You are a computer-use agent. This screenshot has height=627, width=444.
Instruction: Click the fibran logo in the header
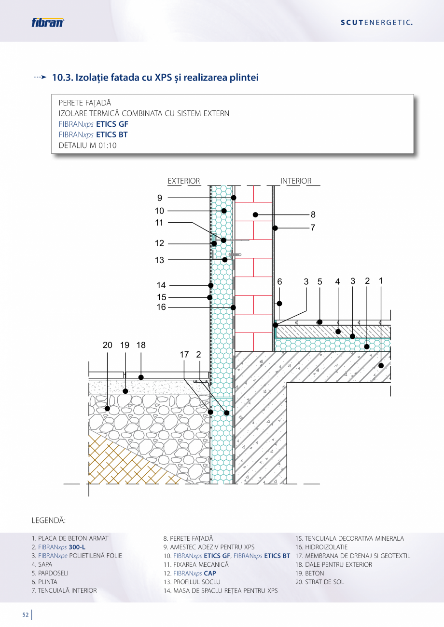pyautogui.click(x=48, y=22)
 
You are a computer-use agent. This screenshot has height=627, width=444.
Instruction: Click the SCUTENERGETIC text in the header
pyautogui.click(x=376, y=23)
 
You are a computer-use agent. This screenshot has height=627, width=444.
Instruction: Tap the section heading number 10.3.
pyautogui.click(x=63, y=78)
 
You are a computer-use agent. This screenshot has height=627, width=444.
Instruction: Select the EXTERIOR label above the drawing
pyautogui.click(x=184, y=181)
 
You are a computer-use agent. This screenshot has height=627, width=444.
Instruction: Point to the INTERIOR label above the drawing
pyautogui.click(x=296, y=181)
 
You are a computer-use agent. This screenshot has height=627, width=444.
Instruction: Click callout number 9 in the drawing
pyautogui.click(x=160, y=198)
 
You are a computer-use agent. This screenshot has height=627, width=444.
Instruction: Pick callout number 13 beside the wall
pyautogui.click(x=159, y=260)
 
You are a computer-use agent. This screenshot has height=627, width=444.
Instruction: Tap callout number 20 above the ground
pyautogui.click(x=107, y=345)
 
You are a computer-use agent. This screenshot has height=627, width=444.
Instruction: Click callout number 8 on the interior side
pyautogui.click(x=313, y=214)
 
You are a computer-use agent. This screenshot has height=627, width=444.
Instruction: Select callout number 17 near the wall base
pyautogui.click(x=184, y=355)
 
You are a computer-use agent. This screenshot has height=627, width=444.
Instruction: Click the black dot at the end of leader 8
pyautogui.click(x=255, y=214)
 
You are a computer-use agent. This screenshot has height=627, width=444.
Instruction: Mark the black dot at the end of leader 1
pyautogui.click(x=381, y=366)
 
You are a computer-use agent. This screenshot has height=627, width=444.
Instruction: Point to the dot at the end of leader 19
pyautogui.click(x=125, y=391)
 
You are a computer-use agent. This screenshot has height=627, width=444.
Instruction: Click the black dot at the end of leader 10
pyautogui.click(x=224, y=211)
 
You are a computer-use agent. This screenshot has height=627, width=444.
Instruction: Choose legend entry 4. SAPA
pyautogui.click(x=42, y=564)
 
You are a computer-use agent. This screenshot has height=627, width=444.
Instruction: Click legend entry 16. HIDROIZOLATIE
pyautogui.click(x=321, y=547)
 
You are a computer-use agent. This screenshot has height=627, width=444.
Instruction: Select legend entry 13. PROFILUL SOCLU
pyautogui.click(x=192, y=582)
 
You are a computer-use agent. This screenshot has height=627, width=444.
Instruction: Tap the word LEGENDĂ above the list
pyautogui.click(x=49, y=520)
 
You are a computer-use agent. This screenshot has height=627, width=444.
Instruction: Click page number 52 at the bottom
pyautogui.click(x=26, y=614)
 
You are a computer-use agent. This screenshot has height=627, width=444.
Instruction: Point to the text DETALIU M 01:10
pyautogui.click(x=87, y=146)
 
